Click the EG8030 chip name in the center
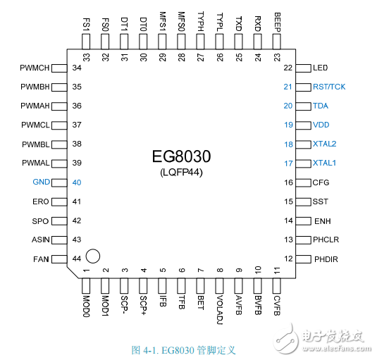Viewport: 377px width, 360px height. (183, 156)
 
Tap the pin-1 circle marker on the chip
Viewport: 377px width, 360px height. (93, 256)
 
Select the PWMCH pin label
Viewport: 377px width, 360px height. (35, 68)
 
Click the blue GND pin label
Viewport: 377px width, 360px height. (42, 182)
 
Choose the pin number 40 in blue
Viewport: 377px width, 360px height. (78, 182)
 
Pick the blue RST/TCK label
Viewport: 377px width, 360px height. (329, 87)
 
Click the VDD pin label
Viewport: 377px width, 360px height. (321, 125)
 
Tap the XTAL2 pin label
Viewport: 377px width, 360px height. (326, 144)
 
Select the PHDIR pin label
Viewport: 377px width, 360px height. (326, 259)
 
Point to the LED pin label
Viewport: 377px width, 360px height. (321, 68)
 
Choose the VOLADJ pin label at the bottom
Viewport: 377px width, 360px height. (220, 309)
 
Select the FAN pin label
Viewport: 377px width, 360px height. (41, 259)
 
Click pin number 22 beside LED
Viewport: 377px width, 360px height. (288, 68)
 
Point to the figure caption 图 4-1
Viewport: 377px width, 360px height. (183, 349)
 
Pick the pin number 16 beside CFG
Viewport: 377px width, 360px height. (288, 182)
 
